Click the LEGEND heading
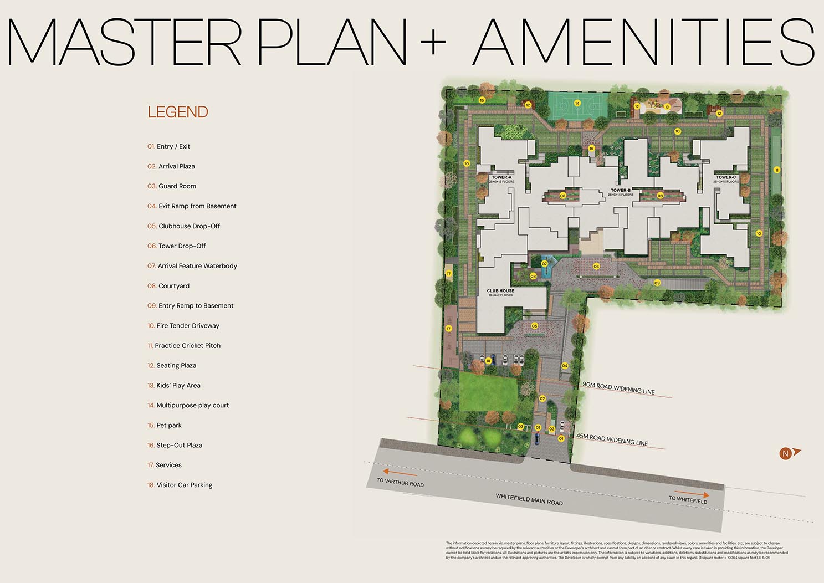point(178,112)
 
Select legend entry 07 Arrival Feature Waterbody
point(192,266)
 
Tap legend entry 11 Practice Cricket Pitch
point(184,346)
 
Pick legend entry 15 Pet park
point(165,426)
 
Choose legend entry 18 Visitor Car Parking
point(180,485)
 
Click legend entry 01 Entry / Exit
point(169,147)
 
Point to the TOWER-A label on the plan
point(501,177)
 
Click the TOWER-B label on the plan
point(621,190)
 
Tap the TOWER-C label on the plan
point(726,177)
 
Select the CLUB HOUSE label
point(500,290)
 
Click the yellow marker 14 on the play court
point(577,103)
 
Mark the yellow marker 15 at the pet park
point(482,100)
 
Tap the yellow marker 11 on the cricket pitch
point(777,170)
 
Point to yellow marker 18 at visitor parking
point(488,361)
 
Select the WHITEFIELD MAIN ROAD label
point(529,500)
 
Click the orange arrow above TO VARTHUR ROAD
point(400,473)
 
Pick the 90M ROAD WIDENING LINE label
point(618,388)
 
